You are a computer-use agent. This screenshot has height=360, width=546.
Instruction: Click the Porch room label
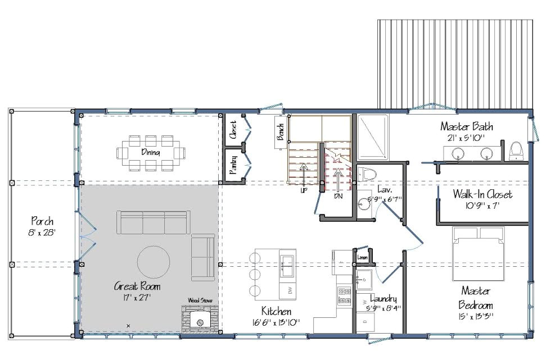(43, 221)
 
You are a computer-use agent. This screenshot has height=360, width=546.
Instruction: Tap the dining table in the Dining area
(151, 152)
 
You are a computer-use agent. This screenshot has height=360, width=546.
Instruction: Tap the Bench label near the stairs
(279, 133)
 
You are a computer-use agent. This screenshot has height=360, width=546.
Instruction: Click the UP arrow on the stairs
(304, 174)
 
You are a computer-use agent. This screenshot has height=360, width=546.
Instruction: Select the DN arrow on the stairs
(337, 179)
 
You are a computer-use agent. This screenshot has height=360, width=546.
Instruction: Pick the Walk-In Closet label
(483, 194)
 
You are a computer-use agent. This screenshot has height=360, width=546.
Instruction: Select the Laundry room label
(385, 299)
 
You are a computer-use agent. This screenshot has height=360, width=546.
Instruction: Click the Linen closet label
(362, 258)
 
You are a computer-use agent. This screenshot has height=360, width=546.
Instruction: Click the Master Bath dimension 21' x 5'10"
(467, 137)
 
